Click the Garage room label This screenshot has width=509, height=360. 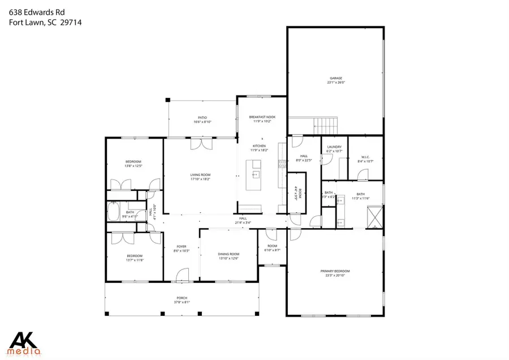(336, 78)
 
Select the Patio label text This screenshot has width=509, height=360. (202, 117)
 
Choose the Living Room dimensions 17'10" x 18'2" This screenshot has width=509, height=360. (200, 179)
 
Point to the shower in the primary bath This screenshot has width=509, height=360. (374, 216)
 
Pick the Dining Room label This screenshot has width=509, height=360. (228, 254)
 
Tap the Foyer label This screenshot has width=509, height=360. (182, 246)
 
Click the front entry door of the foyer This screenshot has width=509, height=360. (182, 277)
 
